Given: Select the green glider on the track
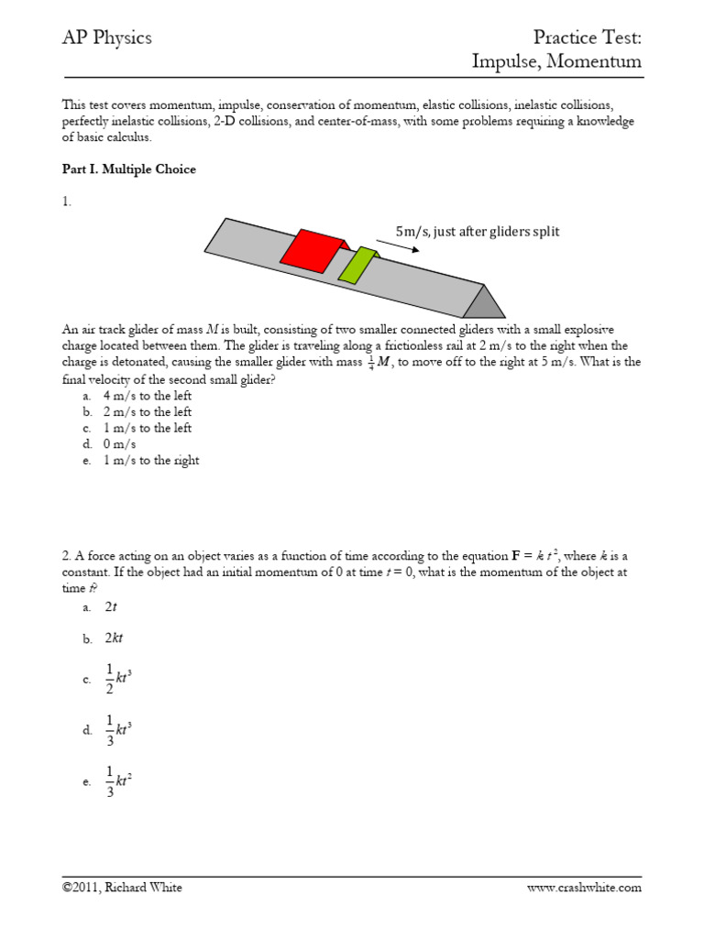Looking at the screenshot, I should [357, 265].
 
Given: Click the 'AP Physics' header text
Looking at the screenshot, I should [106, 38].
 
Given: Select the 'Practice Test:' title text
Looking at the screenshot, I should [588, 38].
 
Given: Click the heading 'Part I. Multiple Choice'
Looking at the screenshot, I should [128, 169].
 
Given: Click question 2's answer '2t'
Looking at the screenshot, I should [111, 606].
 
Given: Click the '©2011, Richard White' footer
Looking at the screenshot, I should [122, 888].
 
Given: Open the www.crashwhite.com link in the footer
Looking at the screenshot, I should [584, 888].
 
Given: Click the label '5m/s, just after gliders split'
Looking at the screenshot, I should [477, 232].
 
